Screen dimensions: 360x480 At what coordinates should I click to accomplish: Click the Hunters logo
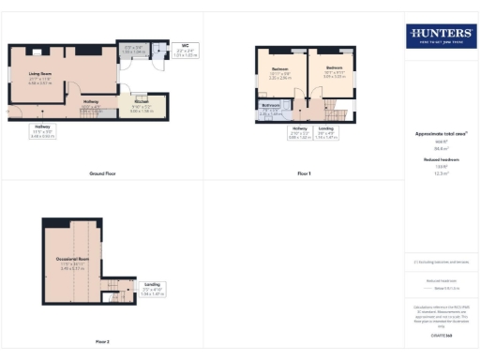point(440,37)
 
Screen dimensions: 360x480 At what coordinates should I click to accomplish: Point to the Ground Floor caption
point(102,174)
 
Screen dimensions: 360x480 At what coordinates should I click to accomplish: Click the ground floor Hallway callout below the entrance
point(44,133)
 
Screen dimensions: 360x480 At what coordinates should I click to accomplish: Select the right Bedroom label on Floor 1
point(335,70)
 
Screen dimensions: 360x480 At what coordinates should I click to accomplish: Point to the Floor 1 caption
point(304,174)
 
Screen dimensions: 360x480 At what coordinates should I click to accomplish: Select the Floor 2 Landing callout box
point(152,287)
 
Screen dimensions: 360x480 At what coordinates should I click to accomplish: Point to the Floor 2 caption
point(101,342)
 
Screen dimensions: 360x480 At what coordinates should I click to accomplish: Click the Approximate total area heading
point(440,134)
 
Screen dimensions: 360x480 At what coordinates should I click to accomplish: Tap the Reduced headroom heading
point(440,160)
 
